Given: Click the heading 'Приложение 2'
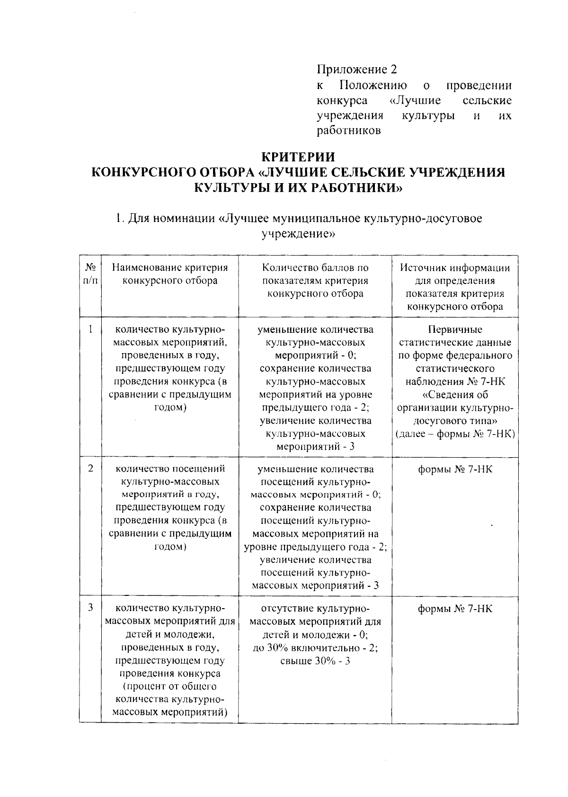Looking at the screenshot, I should (356, 70).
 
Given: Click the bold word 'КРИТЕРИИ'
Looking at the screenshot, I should (298, 157).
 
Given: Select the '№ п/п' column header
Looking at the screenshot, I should (90, 274).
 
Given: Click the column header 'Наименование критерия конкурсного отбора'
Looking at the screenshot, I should (170, 274).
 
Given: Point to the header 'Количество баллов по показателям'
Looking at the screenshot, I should (315, 274).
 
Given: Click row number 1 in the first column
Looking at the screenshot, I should (90, 329).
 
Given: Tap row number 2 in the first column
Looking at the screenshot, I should (90, 468).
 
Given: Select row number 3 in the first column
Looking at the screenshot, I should (90, 607).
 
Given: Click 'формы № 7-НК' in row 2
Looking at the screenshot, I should (455, 469).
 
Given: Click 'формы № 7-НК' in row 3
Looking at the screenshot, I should (455, 609).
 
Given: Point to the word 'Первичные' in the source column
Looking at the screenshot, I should (455, 329).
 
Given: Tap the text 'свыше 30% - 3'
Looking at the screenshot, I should (315, 661).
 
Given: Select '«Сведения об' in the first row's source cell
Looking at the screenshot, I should (455, 395).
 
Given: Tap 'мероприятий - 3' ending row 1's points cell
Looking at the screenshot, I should (315, 446).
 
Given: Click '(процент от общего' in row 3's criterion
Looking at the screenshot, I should (170, 686).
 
